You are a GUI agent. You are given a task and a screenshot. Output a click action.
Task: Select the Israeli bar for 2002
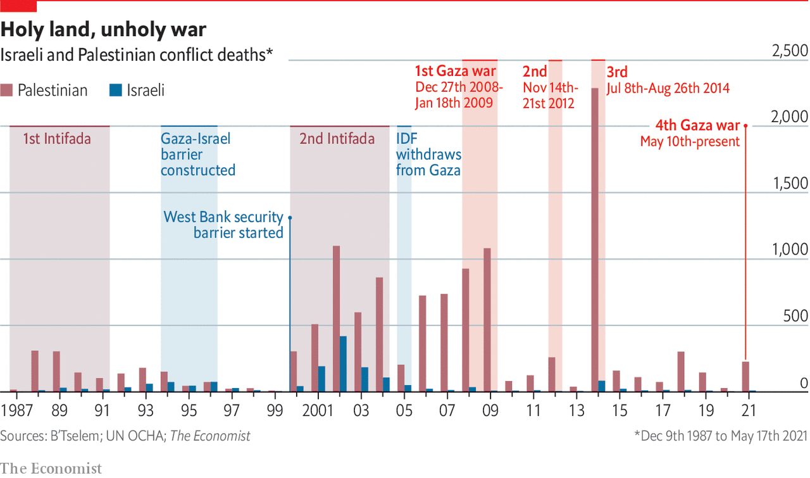[x=343, y=363]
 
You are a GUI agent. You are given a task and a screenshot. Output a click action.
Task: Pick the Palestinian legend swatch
[x=8, y=91]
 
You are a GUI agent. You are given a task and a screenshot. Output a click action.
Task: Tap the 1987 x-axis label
[x=18, y=411]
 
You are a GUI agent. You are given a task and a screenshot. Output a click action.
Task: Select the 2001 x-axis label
[x=318, y=411]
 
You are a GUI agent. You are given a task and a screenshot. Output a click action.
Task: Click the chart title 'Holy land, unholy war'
[x=104, y=29]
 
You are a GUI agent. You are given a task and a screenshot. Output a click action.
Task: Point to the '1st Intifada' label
[x=56, y=139]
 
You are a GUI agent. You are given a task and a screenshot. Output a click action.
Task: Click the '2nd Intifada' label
[x=337, y=139]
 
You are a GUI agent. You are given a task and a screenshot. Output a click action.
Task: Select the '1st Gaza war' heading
[x=456, y=70]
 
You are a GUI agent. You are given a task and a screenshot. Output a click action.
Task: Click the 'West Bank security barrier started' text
[x=223, y=225]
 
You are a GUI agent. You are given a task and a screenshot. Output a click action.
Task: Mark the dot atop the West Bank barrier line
[x=290, y=217]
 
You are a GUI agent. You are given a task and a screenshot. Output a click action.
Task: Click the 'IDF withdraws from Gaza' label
[x=428, y=154]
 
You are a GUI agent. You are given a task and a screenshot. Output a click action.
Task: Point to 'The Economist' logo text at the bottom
[x=51, y=468]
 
